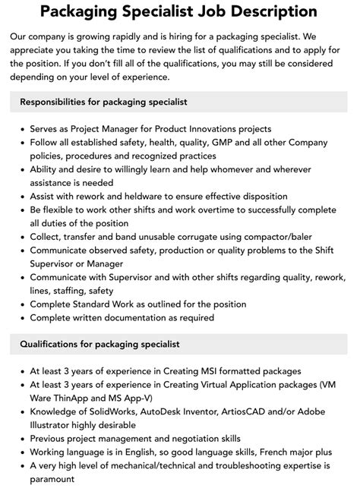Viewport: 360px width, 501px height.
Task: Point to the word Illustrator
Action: click(x=53, y=425)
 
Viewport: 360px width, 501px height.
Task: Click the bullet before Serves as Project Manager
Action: click(x=21, y=129)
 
